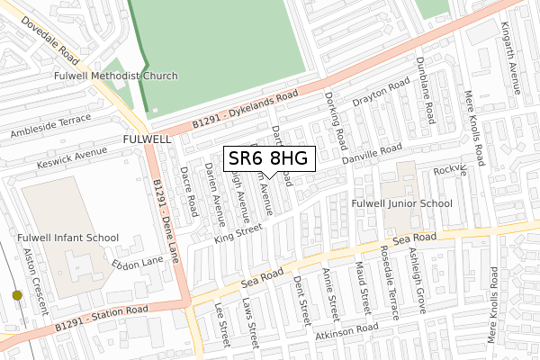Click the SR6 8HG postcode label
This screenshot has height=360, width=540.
pos(268,159)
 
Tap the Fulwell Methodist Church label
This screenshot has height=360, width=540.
pos(116,76)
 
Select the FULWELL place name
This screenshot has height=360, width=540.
pos(147,140)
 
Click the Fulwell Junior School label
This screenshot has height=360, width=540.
pos(402,203)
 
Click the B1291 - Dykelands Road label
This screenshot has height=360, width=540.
pos(244,112)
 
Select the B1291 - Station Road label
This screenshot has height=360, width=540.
pos(100,316)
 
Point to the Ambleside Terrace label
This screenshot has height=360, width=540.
pos(50,125)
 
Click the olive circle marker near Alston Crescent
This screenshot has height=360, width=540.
pos(16,294)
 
